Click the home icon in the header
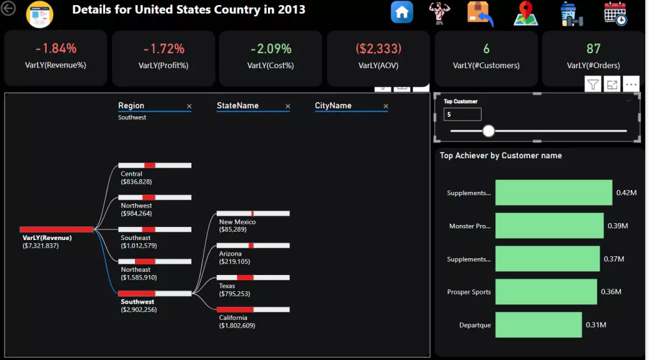[x=402, y=12]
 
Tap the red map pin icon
[x=526, y=13]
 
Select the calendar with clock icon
[x=615, y=13]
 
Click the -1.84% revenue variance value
[x=56, y=49]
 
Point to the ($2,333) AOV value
[x=378, y=49]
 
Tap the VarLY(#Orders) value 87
[x=593, y=49]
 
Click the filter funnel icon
[x=593, y=84]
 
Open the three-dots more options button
[x=631, y=84]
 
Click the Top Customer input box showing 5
[x=462, y=114]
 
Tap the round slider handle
[x=489, y=131]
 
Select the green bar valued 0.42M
[x=554, y=193]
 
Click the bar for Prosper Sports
[x=546, y=292]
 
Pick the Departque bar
[x=538, y=325]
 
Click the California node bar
[x=253, y=309]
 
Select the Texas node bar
[x=253, y=278]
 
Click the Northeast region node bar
[x=154, y=261]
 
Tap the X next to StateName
[x=288, y=106]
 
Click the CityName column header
[x=333, y=106]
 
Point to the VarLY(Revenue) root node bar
[x=57, y=229]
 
